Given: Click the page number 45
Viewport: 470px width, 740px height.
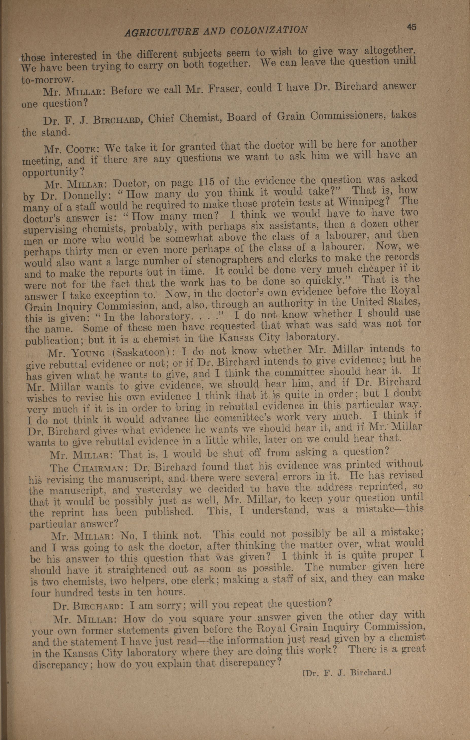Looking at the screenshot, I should (411, 27).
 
